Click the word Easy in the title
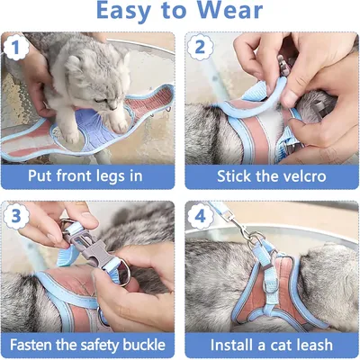coord(124,13)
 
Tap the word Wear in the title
coord(230,11)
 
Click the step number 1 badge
coord(16,48)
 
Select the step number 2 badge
coord(200,48)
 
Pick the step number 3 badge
coord(16,216)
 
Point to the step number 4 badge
coord(200,216)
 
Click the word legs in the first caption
coord(104,176)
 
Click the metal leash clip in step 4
coord(247,231)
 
